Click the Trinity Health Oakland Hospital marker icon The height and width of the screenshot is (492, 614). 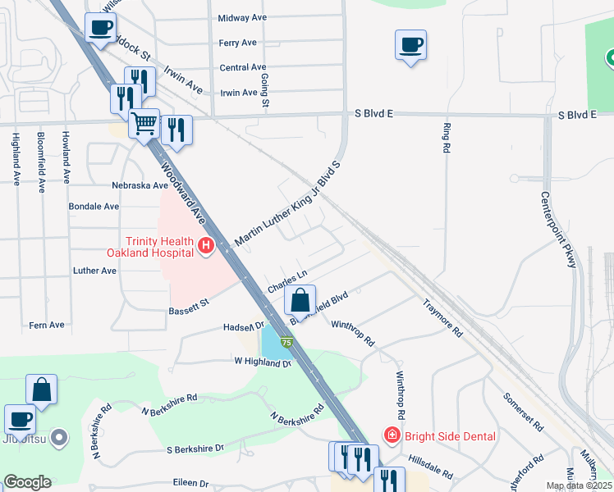206,245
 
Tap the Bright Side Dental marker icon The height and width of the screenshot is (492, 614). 392,435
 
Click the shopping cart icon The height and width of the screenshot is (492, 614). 144,125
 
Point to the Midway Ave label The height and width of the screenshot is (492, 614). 243,17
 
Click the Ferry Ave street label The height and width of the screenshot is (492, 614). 238,43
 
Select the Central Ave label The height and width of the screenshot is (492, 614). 243,67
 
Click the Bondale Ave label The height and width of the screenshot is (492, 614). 94,207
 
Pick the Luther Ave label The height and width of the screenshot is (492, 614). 94,271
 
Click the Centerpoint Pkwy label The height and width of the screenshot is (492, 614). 559,230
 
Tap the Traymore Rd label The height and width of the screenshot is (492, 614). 443,320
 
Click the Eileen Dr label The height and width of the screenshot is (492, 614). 190,484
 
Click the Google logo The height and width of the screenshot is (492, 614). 27,482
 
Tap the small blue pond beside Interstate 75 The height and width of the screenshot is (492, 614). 270,339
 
